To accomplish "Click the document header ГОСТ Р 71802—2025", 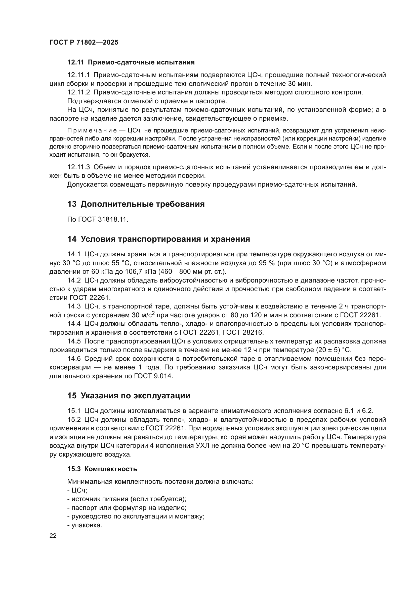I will point(84,43).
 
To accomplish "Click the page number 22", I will point(53,536).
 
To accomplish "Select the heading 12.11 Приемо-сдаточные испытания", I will point(131,62).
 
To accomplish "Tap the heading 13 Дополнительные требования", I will point(136,204).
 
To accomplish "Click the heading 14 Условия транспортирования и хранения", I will point(158,239).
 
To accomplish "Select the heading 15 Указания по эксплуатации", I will point(129,396).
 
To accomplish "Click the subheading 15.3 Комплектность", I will point(102,469).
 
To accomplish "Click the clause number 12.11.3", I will point(78,167).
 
